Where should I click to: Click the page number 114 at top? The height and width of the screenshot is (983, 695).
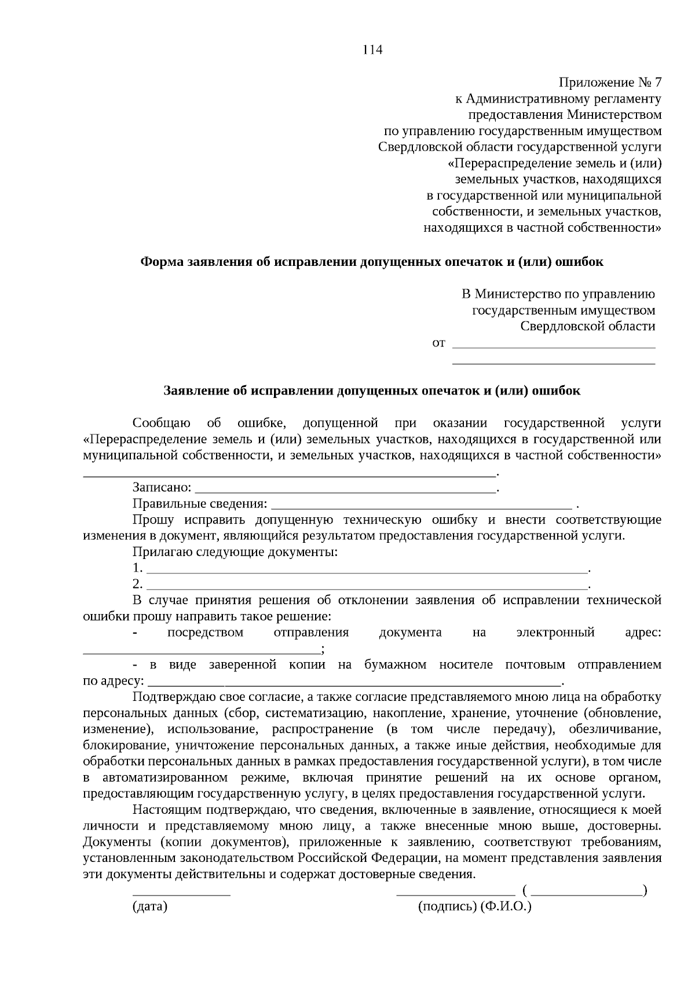click(373, 50)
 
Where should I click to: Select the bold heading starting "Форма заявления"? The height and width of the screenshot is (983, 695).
click(372, 262)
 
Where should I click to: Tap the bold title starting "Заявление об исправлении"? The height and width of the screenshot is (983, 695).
click(372, 390)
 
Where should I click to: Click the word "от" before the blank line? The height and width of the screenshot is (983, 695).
click(439, 343)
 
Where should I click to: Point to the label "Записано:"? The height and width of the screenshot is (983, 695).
click(162, 488)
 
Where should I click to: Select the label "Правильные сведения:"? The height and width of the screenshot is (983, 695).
click(200, 503)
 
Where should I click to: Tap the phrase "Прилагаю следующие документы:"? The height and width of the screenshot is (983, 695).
click(235, 551)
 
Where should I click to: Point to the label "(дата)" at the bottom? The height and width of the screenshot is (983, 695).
click(149, 907)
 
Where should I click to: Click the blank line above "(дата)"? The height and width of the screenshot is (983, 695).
click(181, 893)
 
